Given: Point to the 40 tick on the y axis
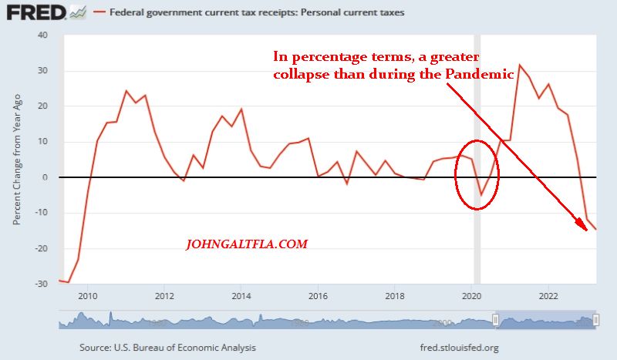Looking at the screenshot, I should (x=42, y=35).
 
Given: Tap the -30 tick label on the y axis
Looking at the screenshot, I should (x=40, y=284).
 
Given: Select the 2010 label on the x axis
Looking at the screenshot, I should (x=89, y=295).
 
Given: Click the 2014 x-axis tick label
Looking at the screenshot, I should (x=241, y=295).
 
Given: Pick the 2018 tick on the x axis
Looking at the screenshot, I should (x=395, y=295).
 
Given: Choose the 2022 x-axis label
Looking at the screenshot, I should (x=548, y=295).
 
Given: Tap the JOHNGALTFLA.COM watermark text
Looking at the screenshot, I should (x=247, y=244).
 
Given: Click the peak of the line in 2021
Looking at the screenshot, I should (x=519, y=65).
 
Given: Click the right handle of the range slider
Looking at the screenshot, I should (x=596, y=319).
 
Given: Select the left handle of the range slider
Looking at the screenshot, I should (x=496, y=319).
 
